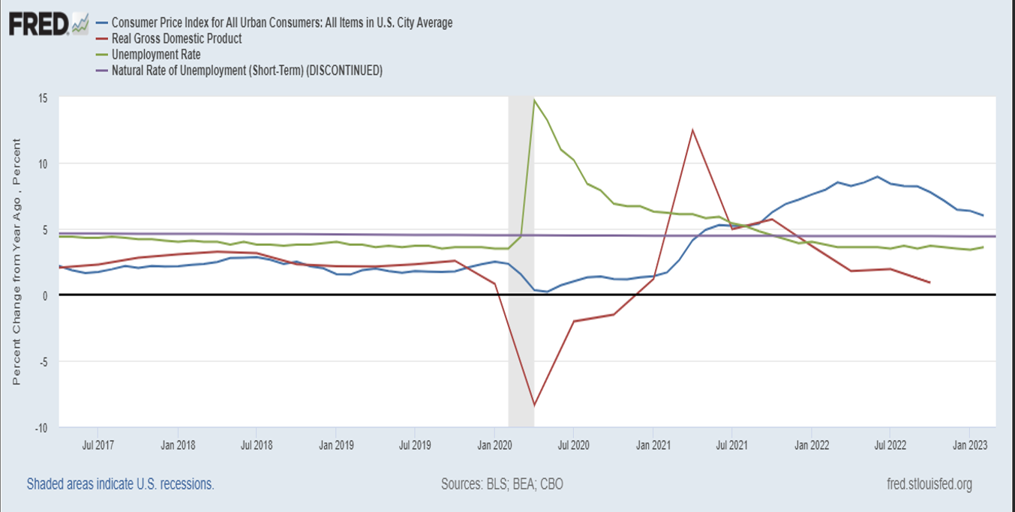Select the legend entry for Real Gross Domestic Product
tap(176, 38)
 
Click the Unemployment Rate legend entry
tap(155, 55)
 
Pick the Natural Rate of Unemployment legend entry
tap(247, 71)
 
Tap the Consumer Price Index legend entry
tap(281, 22)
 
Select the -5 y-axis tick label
tap(42, 361)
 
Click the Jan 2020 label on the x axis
tap(494, 445)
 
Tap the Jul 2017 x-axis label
tap(98, 445)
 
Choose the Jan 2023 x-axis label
tap(969, 445)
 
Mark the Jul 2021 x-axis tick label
tap(731, 445)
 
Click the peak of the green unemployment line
tap(533, 100)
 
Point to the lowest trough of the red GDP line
tap(533, 406)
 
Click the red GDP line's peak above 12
tap(692, 130)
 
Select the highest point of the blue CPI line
tap(876, 177)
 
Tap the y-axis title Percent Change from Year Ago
tap(17, 262)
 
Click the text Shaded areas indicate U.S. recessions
tap(120, 484)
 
